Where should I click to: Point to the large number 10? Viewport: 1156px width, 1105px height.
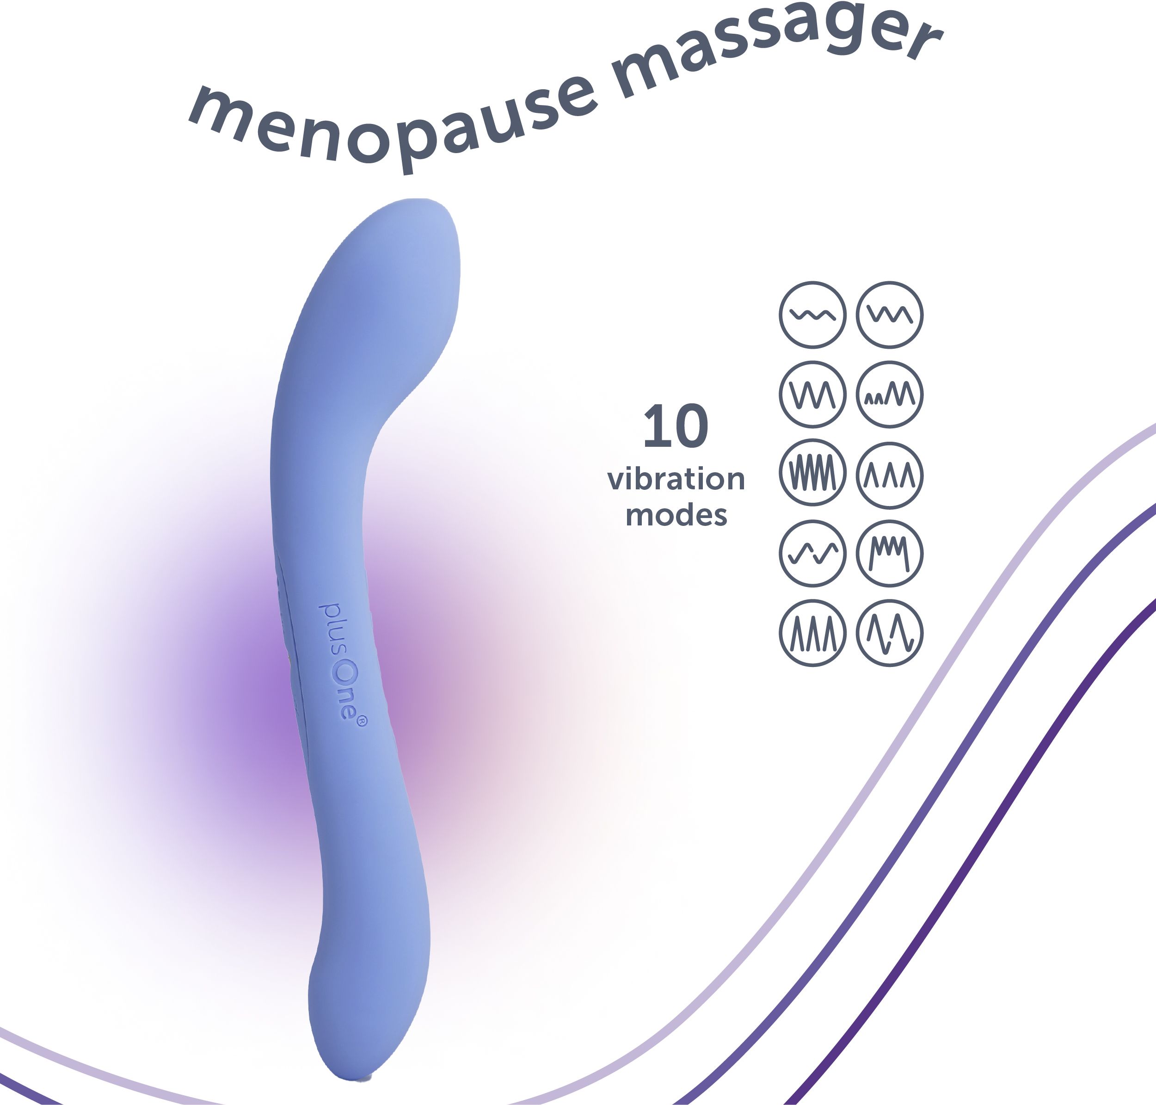tap(676, 426)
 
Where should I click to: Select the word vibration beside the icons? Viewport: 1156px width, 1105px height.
tap(676, 480)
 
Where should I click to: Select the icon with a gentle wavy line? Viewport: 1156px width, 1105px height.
tap(813, 315)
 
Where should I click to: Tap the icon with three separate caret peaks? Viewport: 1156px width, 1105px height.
tap(889, 475)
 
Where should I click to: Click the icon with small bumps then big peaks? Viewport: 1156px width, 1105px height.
tap(889, 394)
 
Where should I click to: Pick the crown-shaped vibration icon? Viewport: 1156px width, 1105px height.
tap(889, 553)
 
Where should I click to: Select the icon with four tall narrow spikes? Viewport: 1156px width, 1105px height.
tap(813, 633)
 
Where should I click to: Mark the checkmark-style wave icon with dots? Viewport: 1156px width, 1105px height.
tap(813, 553)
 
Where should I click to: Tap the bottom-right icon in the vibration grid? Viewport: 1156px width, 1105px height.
tap(889, 633)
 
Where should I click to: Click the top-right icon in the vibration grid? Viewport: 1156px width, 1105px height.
tap(889, 315)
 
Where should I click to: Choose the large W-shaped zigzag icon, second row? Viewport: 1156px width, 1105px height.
tap(813, 394)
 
